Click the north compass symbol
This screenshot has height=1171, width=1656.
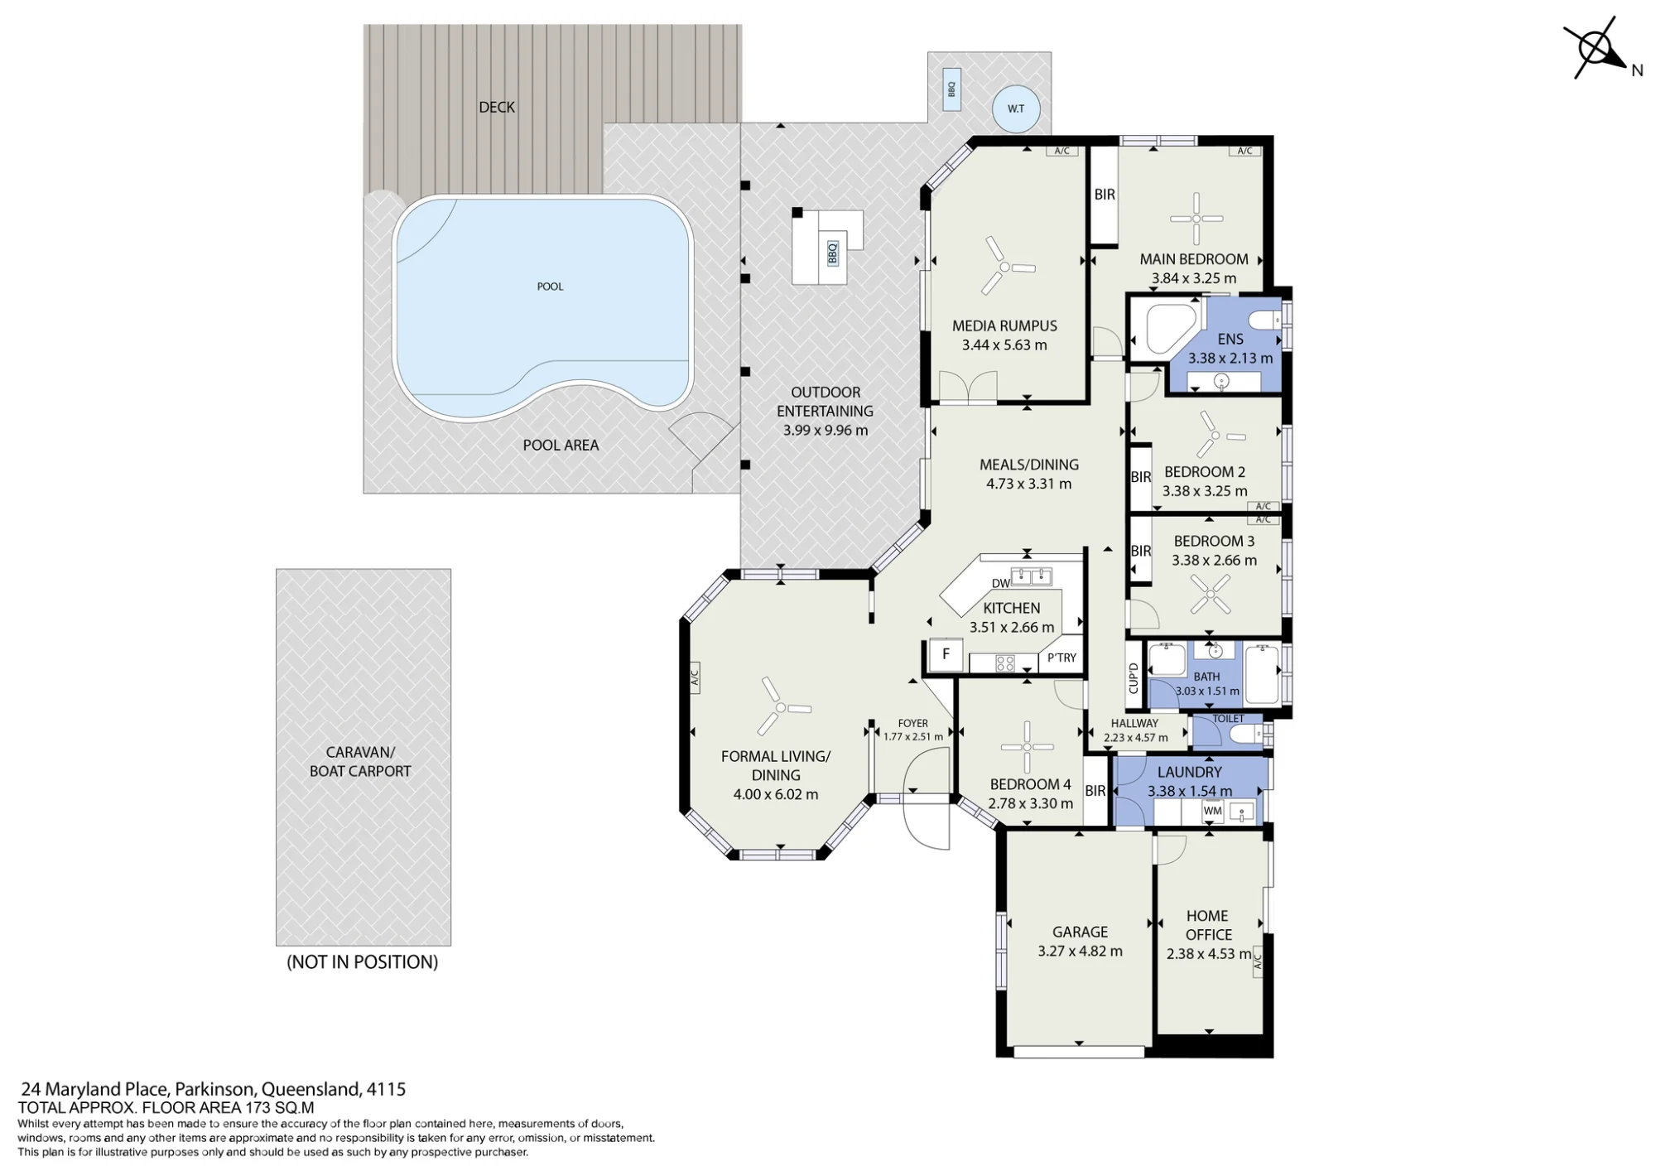1596,48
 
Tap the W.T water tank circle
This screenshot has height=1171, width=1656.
1015,108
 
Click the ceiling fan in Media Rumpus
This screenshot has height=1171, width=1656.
1005,267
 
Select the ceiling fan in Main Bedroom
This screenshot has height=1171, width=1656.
1196,219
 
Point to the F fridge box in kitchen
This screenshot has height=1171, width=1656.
946,654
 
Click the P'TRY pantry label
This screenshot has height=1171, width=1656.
1061,658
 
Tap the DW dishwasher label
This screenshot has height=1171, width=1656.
1001,583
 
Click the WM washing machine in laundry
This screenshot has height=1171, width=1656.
1212,812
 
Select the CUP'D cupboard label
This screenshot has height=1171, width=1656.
1134,678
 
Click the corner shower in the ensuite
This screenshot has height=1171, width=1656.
1170,329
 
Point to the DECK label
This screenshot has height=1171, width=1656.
497,107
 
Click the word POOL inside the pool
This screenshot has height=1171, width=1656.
550,287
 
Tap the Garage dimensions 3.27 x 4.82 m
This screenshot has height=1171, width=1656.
1080,952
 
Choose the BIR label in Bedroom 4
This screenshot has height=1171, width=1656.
1095,791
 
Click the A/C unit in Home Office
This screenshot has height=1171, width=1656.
1257,961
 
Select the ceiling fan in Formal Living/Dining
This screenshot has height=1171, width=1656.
780,707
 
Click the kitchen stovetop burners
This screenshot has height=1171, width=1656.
1004,663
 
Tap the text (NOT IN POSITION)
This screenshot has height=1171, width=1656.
362,962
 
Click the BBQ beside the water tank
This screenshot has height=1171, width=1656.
951,89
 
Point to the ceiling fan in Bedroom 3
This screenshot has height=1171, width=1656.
1211,594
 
